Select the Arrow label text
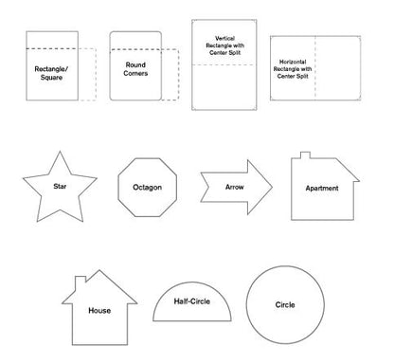point(233,188)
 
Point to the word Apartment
point(321,189)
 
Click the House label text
point(98,310)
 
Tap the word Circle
point(284,305)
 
